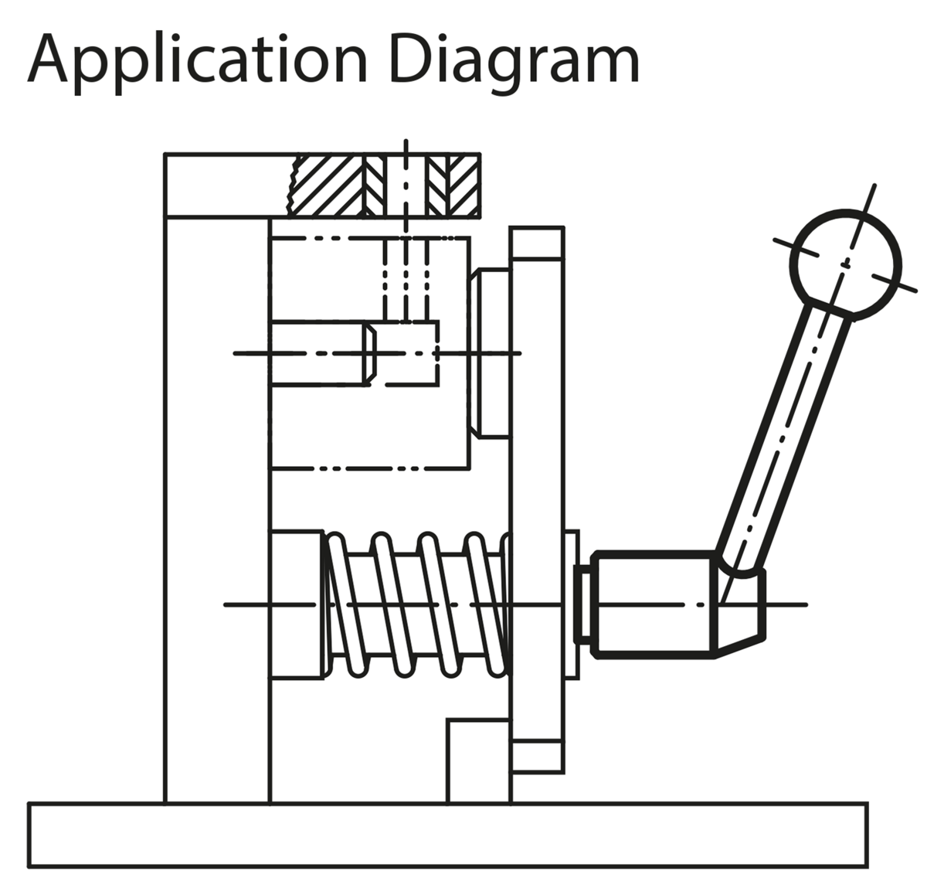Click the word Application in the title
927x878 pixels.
[x=197, y=60]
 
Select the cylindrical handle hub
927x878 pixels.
[x=653, y=604]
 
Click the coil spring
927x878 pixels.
[x=417, y=604]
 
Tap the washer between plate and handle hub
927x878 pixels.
[x=572, y=604]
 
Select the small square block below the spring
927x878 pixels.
[x=478, y=761]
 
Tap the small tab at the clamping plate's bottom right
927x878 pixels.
[x=537, y=756]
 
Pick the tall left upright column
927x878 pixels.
[x=217, y=510]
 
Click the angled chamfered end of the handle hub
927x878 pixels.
[x=742, y=611]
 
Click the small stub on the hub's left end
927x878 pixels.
[x=586, y=604]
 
